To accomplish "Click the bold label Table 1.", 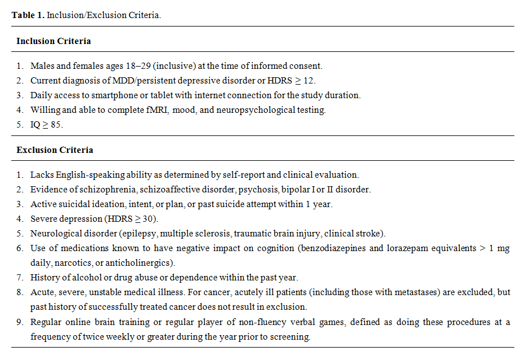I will [x=28, y=15].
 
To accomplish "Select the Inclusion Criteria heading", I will [x=54, y=41].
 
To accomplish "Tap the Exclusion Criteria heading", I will [x=55, y=150].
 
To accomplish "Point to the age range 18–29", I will [x=133, y=66].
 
